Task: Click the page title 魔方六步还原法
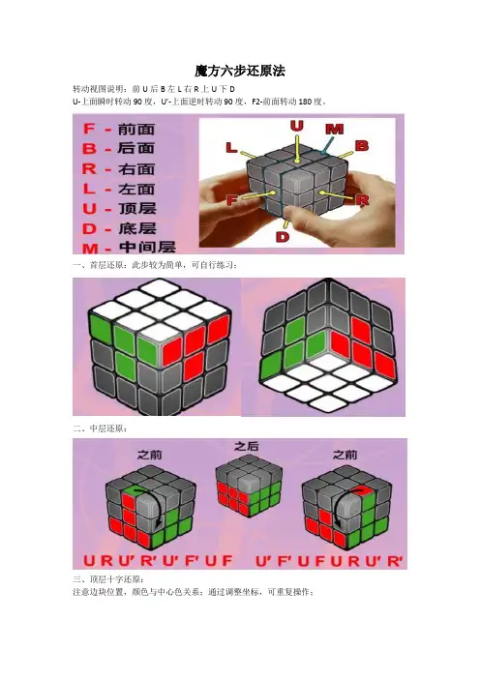point(240,71)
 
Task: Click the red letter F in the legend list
point(89,129)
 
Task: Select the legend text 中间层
point(147,248)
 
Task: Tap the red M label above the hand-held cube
point(335,129)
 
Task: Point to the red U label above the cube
point(297,126)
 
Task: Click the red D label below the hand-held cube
point(283,236)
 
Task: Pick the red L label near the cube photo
point(231,147)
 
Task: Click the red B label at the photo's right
point(362,145)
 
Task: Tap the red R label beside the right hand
point(362,199)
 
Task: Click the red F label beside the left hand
point(232,200)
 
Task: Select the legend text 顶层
point(136,208)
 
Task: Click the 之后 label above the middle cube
point(246,446)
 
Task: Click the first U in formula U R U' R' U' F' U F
point(89,561)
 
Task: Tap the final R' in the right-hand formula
point(394,561)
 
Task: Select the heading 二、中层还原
point(100,428)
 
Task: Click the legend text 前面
point(136,129)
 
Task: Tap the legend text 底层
point(136,228)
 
